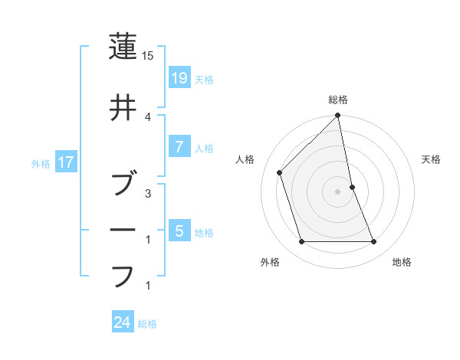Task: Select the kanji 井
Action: [123, 110]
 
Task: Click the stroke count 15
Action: [148, 56]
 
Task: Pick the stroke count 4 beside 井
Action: [148, 116]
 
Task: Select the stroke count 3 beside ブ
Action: [148, 194]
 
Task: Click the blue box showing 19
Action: [178, 77]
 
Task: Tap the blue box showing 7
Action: [178, 147]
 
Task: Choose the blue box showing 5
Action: [178, 231]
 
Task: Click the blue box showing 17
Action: [65, 162]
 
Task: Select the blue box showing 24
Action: [123, 322]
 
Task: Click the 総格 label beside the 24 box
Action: [148, 324]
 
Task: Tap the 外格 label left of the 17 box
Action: [41, 163]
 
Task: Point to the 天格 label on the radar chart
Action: [432, 159]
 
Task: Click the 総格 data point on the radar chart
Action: [337, 116]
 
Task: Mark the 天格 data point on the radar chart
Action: [352, 187]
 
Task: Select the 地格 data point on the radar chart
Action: [374, 242]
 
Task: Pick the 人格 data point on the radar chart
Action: [280, 172]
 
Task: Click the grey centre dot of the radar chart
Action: [337, 191]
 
